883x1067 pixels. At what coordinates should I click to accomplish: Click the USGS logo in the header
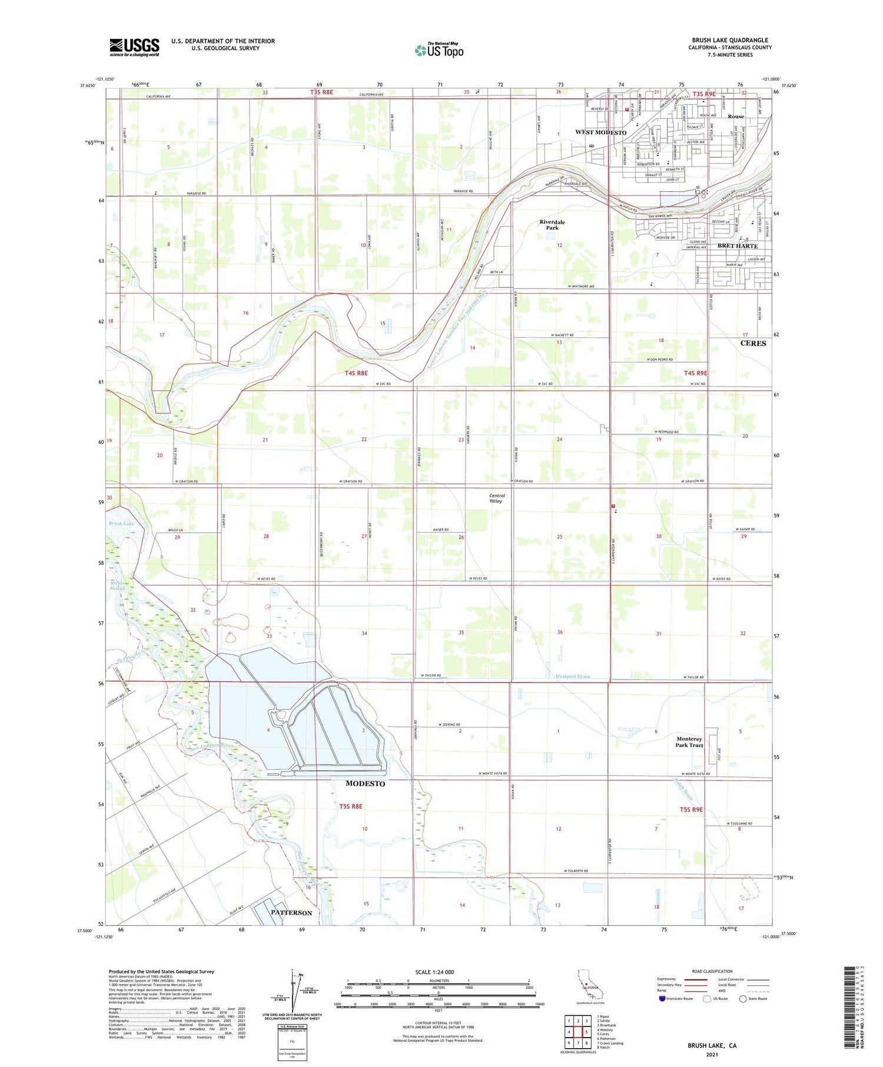(x=134, y=47)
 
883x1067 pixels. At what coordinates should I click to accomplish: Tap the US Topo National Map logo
(x=439, y=50)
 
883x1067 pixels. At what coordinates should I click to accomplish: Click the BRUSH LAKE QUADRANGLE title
(x=729, y=41)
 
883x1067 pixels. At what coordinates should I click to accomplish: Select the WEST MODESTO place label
(x=600, y=132)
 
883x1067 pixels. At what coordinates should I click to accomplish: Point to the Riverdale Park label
(x=552, y=225)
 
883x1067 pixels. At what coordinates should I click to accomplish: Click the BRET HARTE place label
(x=737, y=245)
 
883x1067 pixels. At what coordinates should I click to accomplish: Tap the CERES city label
(x=753, y=343)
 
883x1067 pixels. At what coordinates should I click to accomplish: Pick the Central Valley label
(x=497, y=498)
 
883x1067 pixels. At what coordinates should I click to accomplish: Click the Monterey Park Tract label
(x=689, y=742)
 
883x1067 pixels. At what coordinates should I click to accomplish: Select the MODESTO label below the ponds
(x=365, y=783)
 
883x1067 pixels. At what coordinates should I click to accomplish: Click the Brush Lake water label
(x=121, y=523)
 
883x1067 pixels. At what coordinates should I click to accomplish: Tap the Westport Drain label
(x=572, y=676)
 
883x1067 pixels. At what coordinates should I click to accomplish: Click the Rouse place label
(x=735, y=117)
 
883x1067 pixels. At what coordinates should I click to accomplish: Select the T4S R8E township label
(x=356, y=373)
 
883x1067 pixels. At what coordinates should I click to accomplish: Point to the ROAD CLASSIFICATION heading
(x=712, y=971)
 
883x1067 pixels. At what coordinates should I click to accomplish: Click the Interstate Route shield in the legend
(x=662, y=999)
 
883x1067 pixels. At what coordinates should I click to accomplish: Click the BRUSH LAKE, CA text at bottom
(x=712, y=1045)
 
